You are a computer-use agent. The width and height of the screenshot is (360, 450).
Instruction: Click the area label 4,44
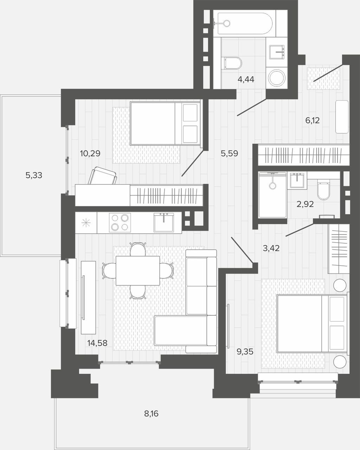[x=246, y=79]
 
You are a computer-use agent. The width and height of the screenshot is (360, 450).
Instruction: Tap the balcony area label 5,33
[x=34, y=175]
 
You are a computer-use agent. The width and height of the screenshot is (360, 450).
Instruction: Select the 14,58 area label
[x=97, y=343]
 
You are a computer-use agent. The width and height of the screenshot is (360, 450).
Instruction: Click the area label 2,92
[x=305, y=204]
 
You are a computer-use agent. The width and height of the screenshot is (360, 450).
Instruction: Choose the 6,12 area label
[x=313, y=121]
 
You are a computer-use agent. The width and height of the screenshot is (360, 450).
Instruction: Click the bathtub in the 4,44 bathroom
[x=245, y=24]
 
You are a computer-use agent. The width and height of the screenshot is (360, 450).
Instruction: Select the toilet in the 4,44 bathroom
[x=232, y=63]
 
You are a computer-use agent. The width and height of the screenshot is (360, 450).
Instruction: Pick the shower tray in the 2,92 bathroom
[x=272, y=195]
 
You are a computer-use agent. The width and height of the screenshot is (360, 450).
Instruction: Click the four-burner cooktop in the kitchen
[x=120, y=223]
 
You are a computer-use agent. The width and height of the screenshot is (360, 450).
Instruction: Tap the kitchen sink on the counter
[x=164, y=223]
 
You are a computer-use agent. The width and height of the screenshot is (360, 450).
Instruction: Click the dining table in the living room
[x=138, y=271]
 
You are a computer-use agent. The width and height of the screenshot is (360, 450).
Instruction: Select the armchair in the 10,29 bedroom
[x=102, y=175]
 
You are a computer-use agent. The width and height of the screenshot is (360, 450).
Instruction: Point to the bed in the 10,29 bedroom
[x=165, y=123]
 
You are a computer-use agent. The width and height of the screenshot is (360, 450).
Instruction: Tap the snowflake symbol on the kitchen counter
[x=86, y=223]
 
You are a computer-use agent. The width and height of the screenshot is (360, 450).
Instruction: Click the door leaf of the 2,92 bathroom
[x=300, y=230]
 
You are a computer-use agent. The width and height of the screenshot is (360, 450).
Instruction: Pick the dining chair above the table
[x=138, y=249]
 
